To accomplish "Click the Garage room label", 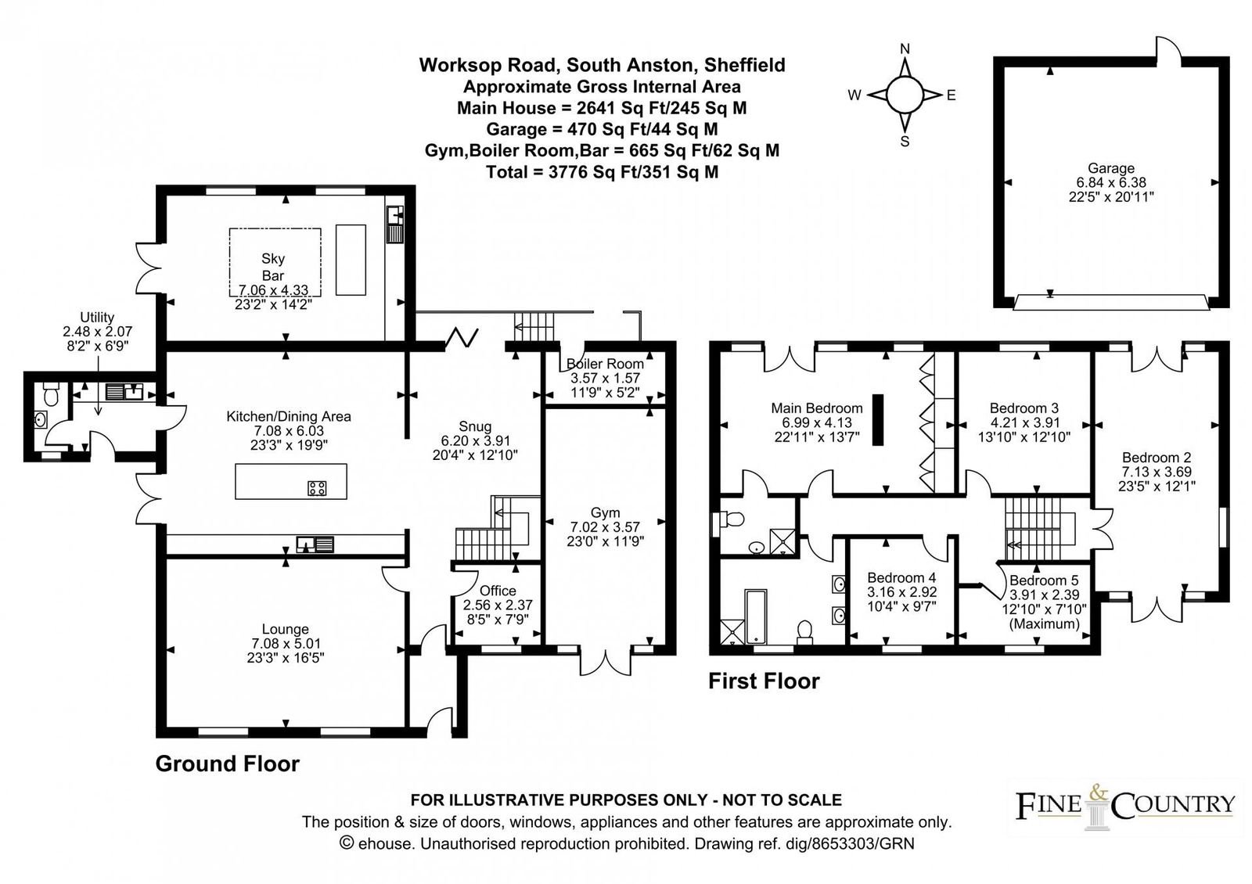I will click(1110, 168).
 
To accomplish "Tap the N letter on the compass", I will click(905, 49).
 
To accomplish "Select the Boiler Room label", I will click(605, 364).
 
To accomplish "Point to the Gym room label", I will click(605, 512).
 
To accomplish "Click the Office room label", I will click(498, 591).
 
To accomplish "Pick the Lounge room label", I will click(285, 629).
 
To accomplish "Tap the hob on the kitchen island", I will click(317, 488).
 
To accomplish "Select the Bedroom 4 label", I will click(901, 578).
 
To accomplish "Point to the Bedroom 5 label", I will click(1044, 580).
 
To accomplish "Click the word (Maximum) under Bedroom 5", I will click(1044, 623).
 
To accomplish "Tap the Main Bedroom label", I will click(816, 408).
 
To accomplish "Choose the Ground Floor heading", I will click(227, 764).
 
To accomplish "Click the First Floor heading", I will click(764, 681).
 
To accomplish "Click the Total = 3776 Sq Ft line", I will click(602, 172).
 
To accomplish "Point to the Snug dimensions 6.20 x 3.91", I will click(475, 440).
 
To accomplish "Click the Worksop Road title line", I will click(602, 65).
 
